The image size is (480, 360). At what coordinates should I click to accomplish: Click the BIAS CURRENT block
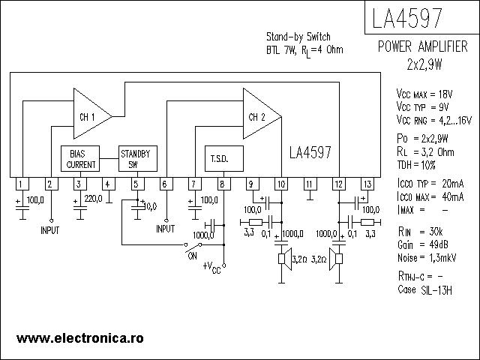click(81, 159)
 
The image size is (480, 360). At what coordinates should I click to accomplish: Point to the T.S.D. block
click(220, 158)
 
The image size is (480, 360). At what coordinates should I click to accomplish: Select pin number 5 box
click(136, 184)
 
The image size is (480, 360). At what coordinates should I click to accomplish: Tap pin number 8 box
click(222, 184)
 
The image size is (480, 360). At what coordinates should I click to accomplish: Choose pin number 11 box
click(309, 184)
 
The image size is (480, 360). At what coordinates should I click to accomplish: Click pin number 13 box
click(367, 184)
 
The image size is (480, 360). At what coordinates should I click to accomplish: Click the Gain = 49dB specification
click(423, 244)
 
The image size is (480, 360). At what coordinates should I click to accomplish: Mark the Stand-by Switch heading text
click(298, 37)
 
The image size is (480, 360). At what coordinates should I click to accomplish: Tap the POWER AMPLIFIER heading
click(424, 47)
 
